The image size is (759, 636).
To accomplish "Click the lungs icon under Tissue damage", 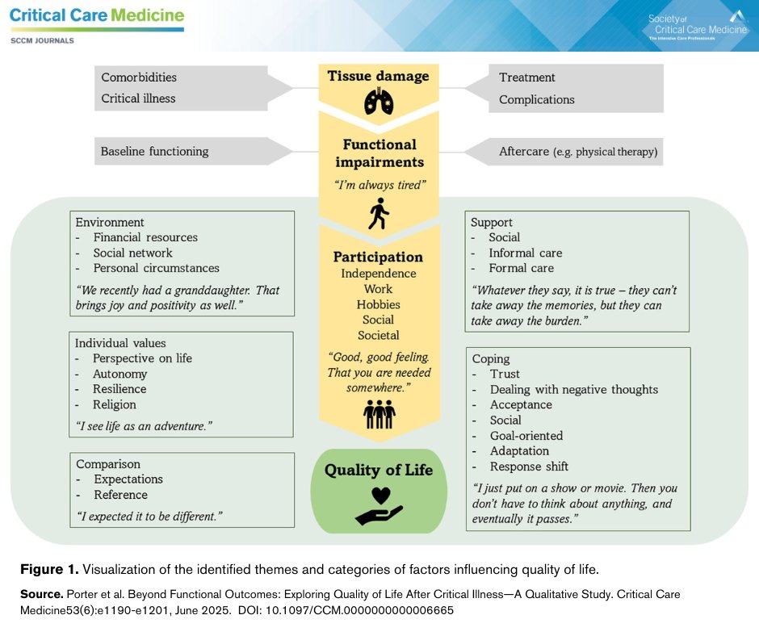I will tap(378, 101).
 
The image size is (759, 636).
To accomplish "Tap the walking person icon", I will tap(378, 214).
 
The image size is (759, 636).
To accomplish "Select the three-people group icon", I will tap(378, 414).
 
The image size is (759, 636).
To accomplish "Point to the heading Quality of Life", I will tap(379, 470).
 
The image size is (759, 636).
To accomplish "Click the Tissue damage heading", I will tap(378, 77).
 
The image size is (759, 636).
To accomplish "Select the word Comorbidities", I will tap(139, 77).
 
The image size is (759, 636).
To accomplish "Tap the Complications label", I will tap(537, 100).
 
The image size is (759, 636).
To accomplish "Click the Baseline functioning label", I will tap(154, 151).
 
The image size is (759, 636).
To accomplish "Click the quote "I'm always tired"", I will tap(378, 185).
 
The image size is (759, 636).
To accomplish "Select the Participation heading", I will tap(378, 257).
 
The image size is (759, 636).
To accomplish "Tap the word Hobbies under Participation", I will tap(378, 304).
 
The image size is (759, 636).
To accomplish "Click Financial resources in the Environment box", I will tap(145, 237).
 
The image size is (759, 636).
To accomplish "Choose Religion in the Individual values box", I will tap(115, 404).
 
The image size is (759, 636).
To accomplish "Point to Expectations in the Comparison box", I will tap(128, 479).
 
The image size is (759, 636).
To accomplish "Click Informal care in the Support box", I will tap(526, 253).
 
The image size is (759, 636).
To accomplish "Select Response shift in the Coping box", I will tap(529, 467).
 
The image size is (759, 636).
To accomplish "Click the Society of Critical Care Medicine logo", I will tap(696, 27).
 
